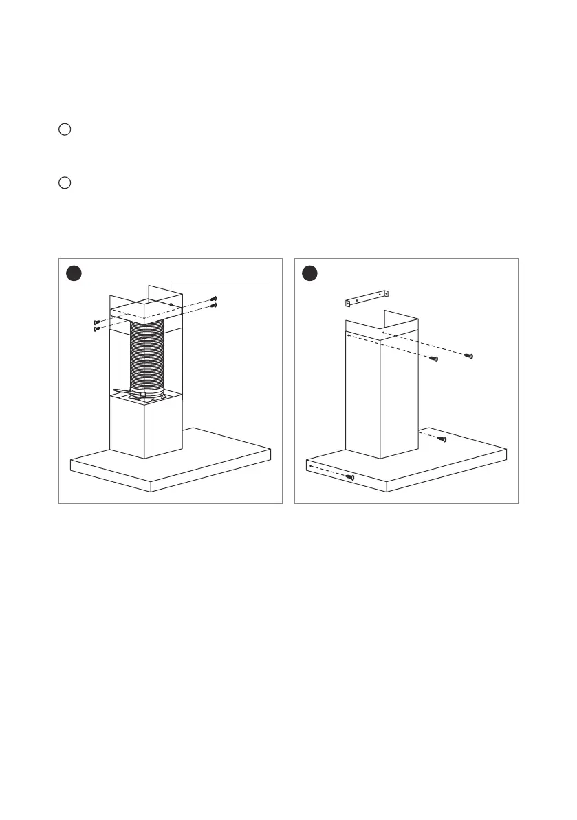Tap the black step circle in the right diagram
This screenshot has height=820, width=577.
pos(310,273)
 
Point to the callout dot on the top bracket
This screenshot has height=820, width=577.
pos(170,304)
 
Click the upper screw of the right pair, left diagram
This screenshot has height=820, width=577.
pos(215,299)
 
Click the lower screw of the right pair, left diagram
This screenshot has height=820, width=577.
pos(215,305)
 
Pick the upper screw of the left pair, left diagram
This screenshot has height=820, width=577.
pos(98,322)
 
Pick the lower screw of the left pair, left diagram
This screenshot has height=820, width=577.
pos(97,329)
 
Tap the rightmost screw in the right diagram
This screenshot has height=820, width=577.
pos(469,356)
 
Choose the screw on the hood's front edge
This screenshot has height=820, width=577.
pos(351,476)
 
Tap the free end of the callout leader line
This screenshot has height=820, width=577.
pos(272,282)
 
